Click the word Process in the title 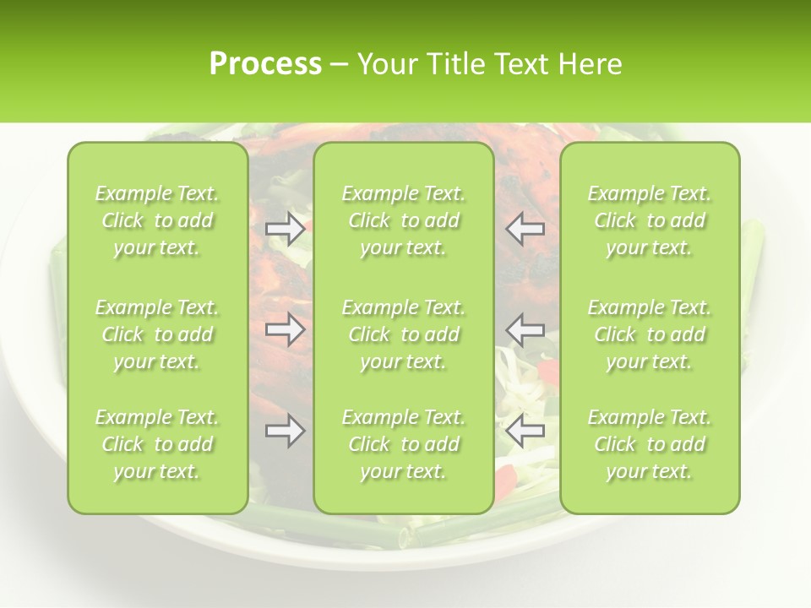[x=265, y=64]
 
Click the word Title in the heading [x=455, y=64]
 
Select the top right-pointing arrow [x=285, y=228]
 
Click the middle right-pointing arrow [x=285, y=329]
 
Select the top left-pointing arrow [x=525, y=228]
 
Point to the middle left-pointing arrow [x=525, y=329]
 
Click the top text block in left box [x=157, y=220]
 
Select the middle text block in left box [x=157, y=334]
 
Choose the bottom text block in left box [x=157, y=444]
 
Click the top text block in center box [x=403, y=220]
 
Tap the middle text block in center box [x=403, y=334]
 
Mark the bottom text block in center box [x=403, y=444]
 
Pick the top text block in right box [x=649, y=220]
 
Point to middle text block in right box [x=649, y=334]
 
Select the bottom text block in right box [x=649, y=444]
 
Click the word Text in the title [x=520, y=64]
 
